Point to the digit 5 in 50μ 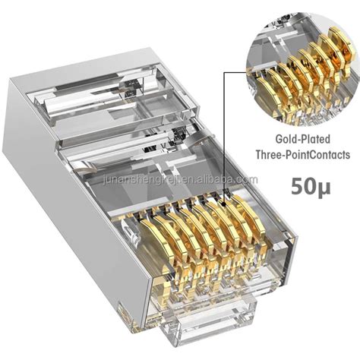(287, 185)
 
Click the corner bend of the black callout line (226, 71)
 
